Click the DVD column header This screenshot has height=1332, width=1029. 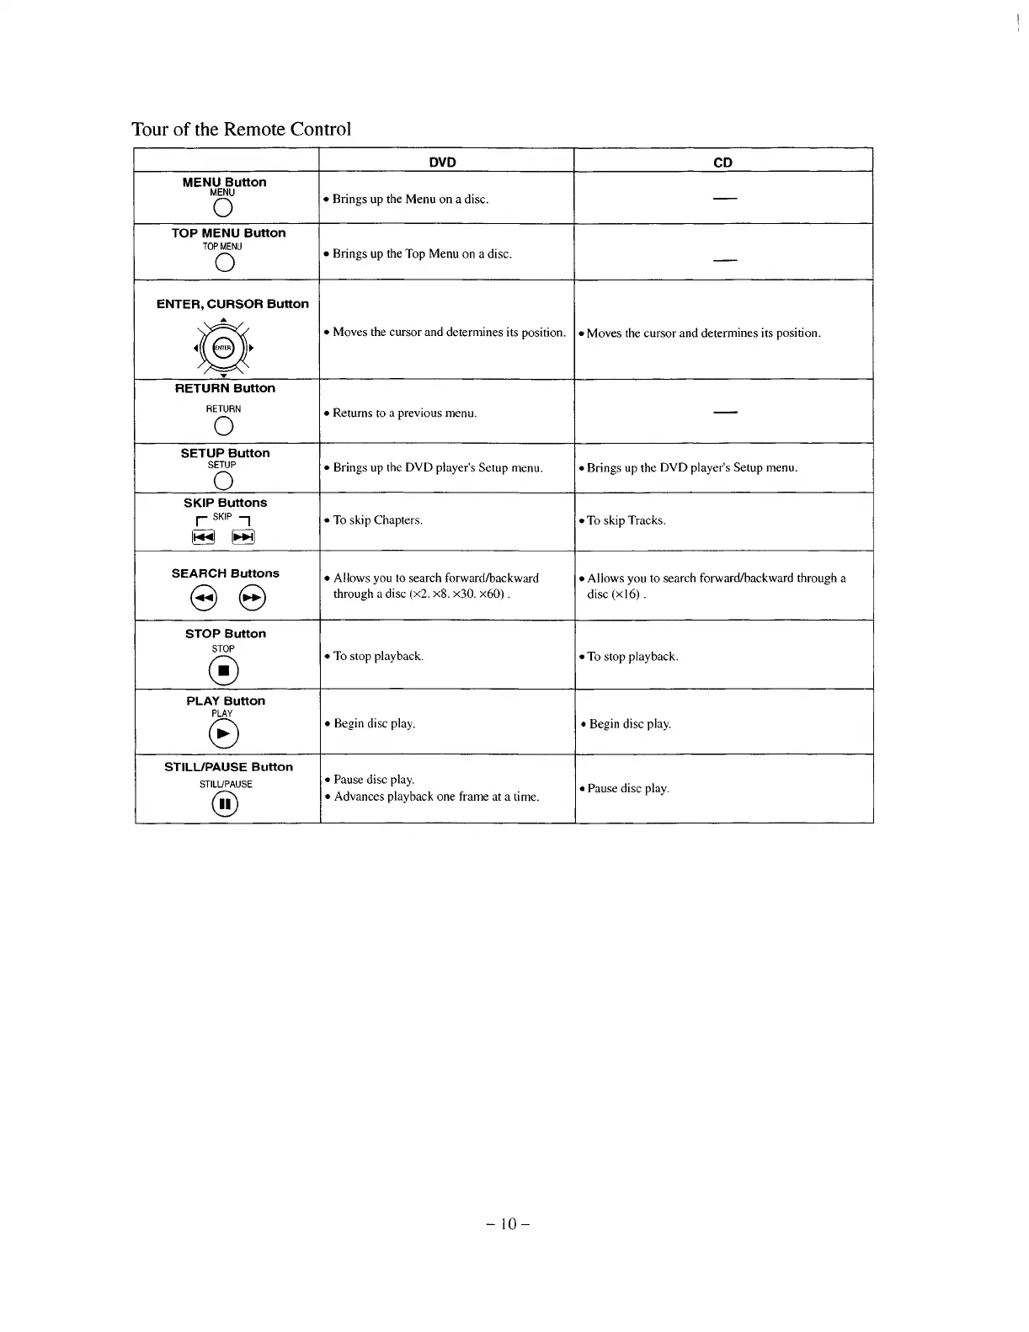click(x=442, y=163)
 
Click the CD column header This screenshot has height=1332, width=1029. click(x=722, y=163)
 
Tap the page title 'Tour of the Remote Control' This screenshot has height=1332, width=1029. click(x=241, y=129)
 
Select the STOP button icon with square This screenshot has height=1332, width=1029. click(x=224, y=670)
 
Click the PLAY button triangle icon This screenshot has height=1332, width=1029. click(x=224, y=735)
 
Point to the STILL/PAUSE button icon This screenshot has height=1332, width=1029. click(x=225, y=805)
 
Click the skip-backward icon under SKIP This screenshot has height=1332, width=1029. click(x=203, y=537)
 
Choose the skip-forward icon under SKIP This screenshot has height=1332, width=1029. click(x=243, y=537)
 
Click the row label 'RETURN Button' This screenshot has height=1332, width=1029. click(x=225, y=388)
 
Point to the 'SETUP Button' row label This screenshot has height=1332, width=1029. click(x=225, y=453)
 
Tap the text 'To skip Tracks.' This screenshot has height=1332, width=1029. click(x=626, y=520)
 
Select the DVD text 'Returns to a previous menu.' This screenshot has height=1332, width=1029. click(x=404, y=413)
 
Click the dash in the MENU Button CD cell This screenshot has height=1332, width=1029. click(x=725, y=199)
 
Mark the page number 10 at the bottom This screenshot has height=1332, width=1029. click(x=508, y=1223)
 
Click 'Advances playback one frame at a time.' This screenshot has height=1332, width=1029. click(x=436, y=797)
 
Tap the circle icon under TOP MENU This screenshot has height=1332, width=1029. click(x=224, y=264)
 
